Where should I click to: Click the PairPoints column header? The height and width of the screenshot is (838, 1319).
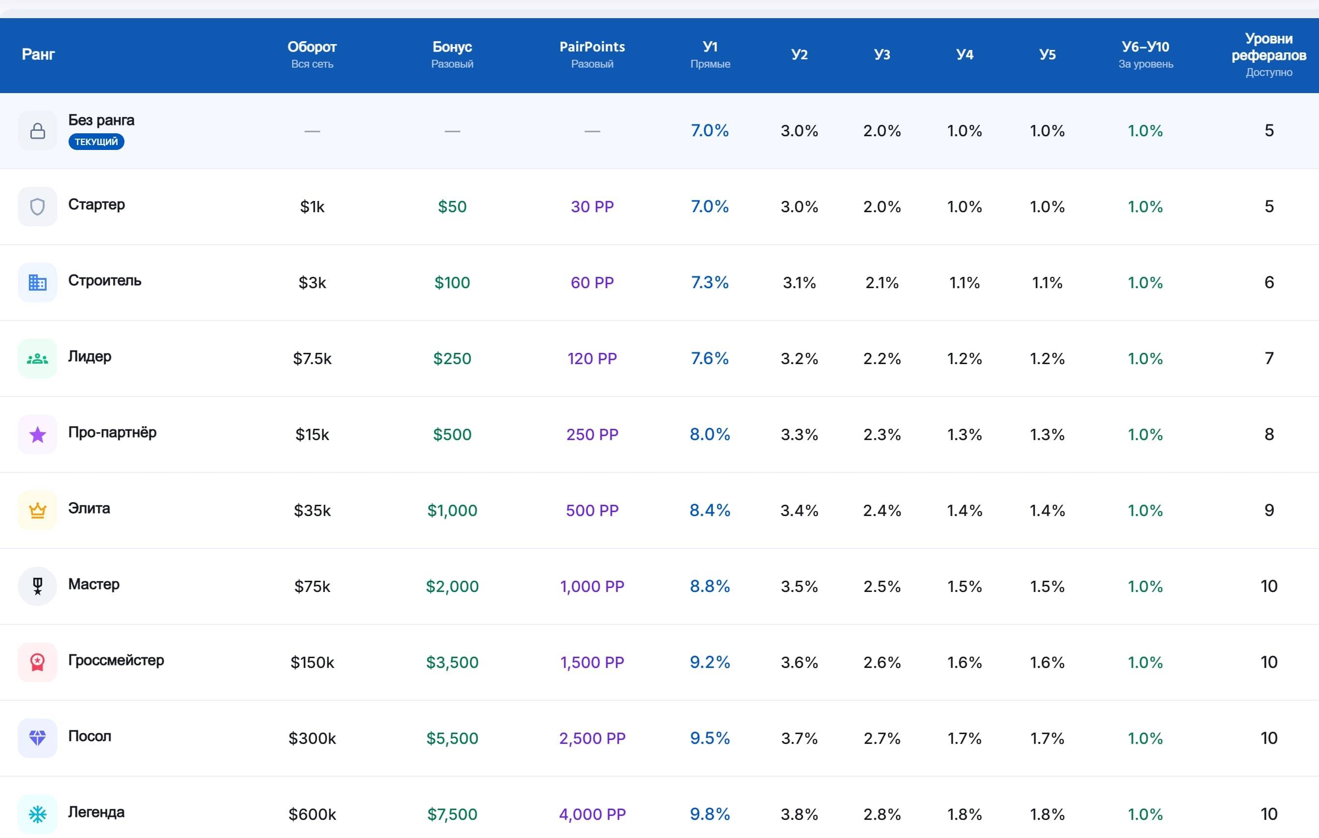coord(592,47)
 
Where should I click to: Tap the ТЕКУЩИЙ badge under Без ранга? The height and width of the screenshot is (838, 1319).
coord(97,142)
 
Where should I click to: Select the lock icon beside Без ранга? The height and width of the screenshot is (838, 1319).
coord(37,131)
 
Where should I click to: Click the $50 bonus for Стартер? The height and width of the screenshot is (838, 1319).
coord(452,206)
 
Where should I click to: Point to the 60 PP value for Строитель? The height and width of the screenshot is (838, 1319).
coord(592,283)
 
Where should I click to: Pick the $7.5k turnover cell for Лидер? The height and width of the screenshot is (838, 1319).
coord(312,359)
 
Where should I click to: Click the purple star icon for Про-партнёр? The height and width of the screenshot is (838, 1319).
coord(37,435)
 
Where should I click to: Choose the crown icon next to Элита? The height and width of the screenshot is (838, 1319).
coord(37,511)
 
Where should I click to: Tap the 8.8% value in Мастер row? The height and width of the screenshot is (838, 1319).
coord(710,586)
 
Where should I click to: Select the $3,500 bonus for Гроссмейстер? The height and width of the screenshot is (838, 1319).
coord(452,662)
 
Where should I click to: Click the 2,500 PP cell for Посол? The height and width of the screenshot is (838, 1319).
coord(592,739)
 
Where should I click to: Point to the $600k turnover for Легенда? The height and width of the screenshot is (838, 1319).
coord(312,814)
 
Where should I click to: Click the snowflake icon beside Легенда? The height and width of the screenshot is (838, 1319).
coord(37,814)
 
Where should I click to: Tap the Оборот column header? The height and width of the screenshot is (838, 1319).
coord(312,47)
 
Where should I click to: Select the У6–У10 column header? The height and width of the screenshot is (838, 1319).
coord(1146,47)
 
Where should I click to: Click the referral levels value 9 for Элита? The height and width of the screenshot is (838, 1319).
coord(1269,511)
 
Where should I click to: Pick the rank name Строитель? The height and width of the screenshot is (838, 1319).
coord(105,280)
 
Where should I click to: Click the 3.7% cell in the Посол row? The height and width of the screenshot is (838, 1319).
coord(799,739)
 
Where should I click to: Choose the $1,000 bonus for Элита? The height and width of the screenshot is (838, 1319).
coord(452,511)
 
